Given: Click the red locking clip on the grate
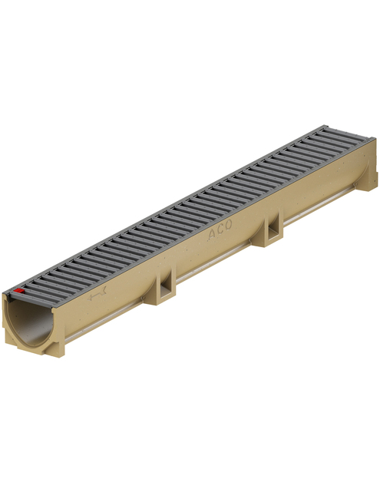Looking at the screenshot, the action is [19, 290].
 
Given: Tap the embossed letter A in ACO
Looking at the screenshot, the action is [212, 235].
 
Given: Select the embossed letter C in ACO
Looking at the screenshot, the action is [220, 229].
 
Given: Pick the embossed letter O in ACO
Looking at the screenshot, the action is [228, 225].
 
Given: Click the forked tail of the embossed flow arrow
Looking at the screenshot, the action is [104, 289].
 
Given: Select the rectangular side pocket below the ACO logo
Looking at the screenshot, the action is [273, 228].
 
